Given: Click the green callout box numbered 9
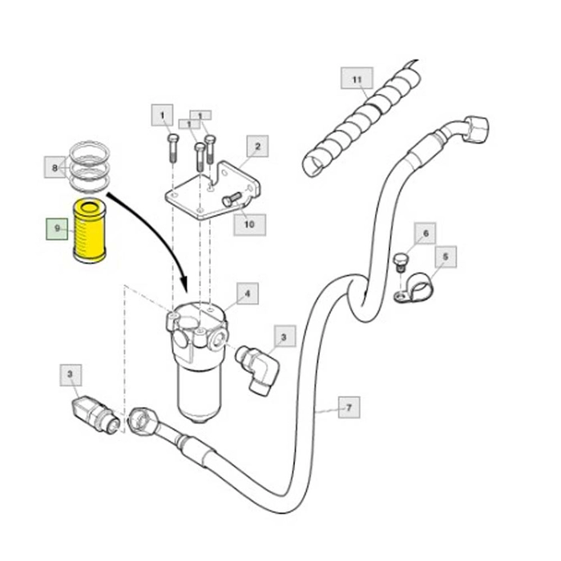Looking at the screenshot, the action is pyautogui.click(x=57, y=228).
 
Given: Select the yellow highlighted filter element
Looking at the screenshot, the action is pyautogui.click(x=90, y=231).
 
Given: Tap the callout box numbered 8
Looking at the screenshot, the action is pyautogui.click(x=54, y=167).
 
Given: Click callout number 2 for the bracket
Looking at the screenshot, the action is pyautogui.click(x=257, y=146).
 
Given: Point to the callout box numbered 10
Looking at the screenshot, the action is pyautogui.click(x=250, y=224).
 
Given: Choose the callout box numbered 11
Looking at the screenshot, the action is pyautogui.click(x=357, y=78).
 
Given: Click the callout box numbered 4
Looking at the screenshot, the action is pyautogui.click(x=247, y=293).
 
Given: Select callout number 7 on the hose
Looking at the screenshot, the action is pyautogui.click(x=349, y=407).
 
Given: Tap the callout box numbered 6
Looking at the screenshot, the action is pyautogui.click(x=426, y=233).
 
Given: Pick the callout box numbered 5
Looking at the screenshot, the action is pyautogui.click(x=446, y=256).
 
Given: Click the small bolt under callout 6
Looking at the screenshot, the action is pyautogui.click(x=400, y=262).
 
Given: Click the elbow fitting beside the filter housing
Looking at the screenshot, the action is pyautogui.click(x=257, y=369).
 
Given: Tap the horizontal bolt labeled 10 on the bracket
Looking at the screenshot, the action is pyautogui.click(x=232, y=199).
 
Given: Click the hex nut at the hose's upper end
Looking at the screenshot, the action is pyautogui.click(x=475, y=129).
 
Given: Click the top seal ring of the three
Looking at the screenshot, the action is pyautogui.click(x=89, y=151).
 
